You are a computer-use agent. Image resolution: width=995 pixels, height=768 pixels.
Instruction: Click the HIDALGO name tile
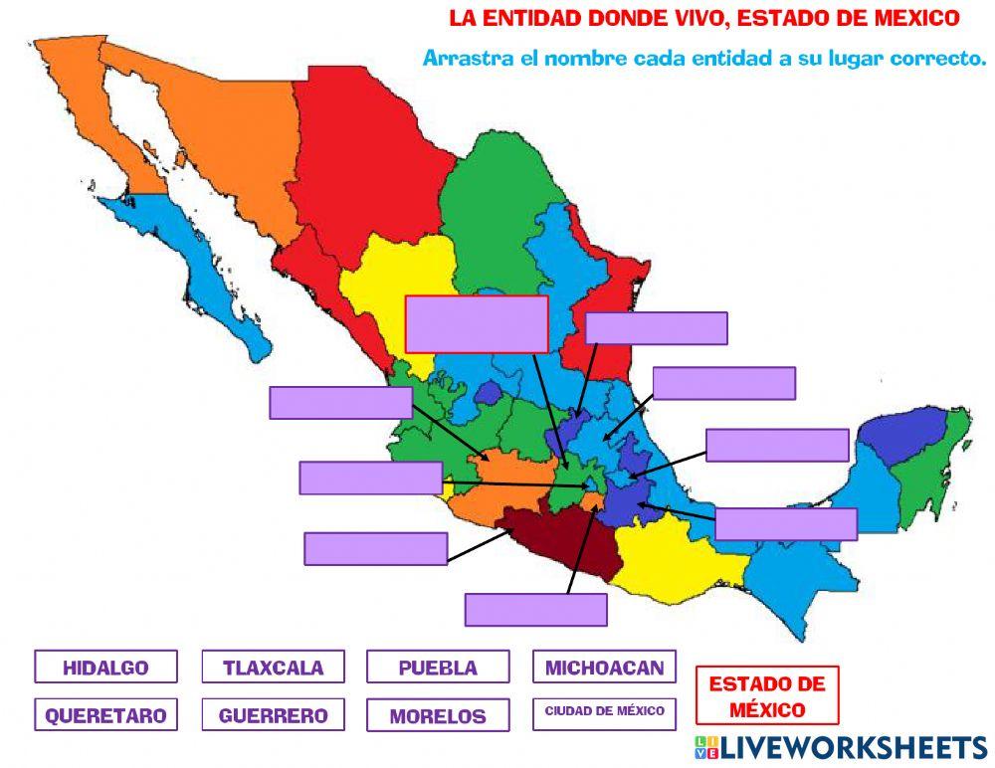click(105, 667)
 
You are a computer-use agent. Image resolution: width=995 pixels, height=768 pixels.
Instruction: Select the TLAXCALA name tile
click(273, 667)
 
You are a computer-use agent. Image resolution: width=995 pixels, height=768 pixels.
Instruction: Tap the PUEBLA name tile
click(438, 667)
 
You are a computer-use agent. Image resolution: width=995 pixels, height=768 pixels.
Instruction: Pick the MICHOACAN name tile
click(604, 667)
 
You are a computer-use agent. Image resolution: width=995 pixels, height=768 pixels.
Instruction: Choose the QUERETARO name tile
click(105, 715)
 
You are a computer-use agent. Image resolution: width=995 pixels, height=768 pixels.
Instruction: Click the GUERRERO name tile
click(273, 714)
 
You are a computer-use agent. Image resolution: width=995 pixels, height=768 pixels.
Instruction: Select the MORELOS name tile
click(438, 715)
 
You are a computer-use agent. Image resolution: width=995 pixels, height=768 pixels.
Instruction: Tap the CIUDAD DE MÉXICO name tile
click(604, 712)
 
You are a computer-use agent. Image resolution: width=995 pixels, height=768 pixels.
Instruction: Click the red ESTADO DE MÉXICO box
click(766, 695)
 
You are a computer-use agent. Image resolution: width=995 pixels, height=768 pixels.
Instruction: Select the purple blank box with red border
click(477, 323)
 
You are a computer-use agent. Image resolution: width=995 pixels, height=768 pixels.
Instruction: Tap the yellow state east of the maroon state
click(667, 557)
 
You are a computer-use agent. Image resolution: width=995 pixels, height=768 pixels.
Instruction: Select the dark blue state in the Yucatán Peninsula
click(900, 433)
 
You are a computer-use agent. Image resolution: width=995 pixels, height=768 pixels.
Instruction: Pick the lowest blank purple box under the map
click(535, 609)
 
